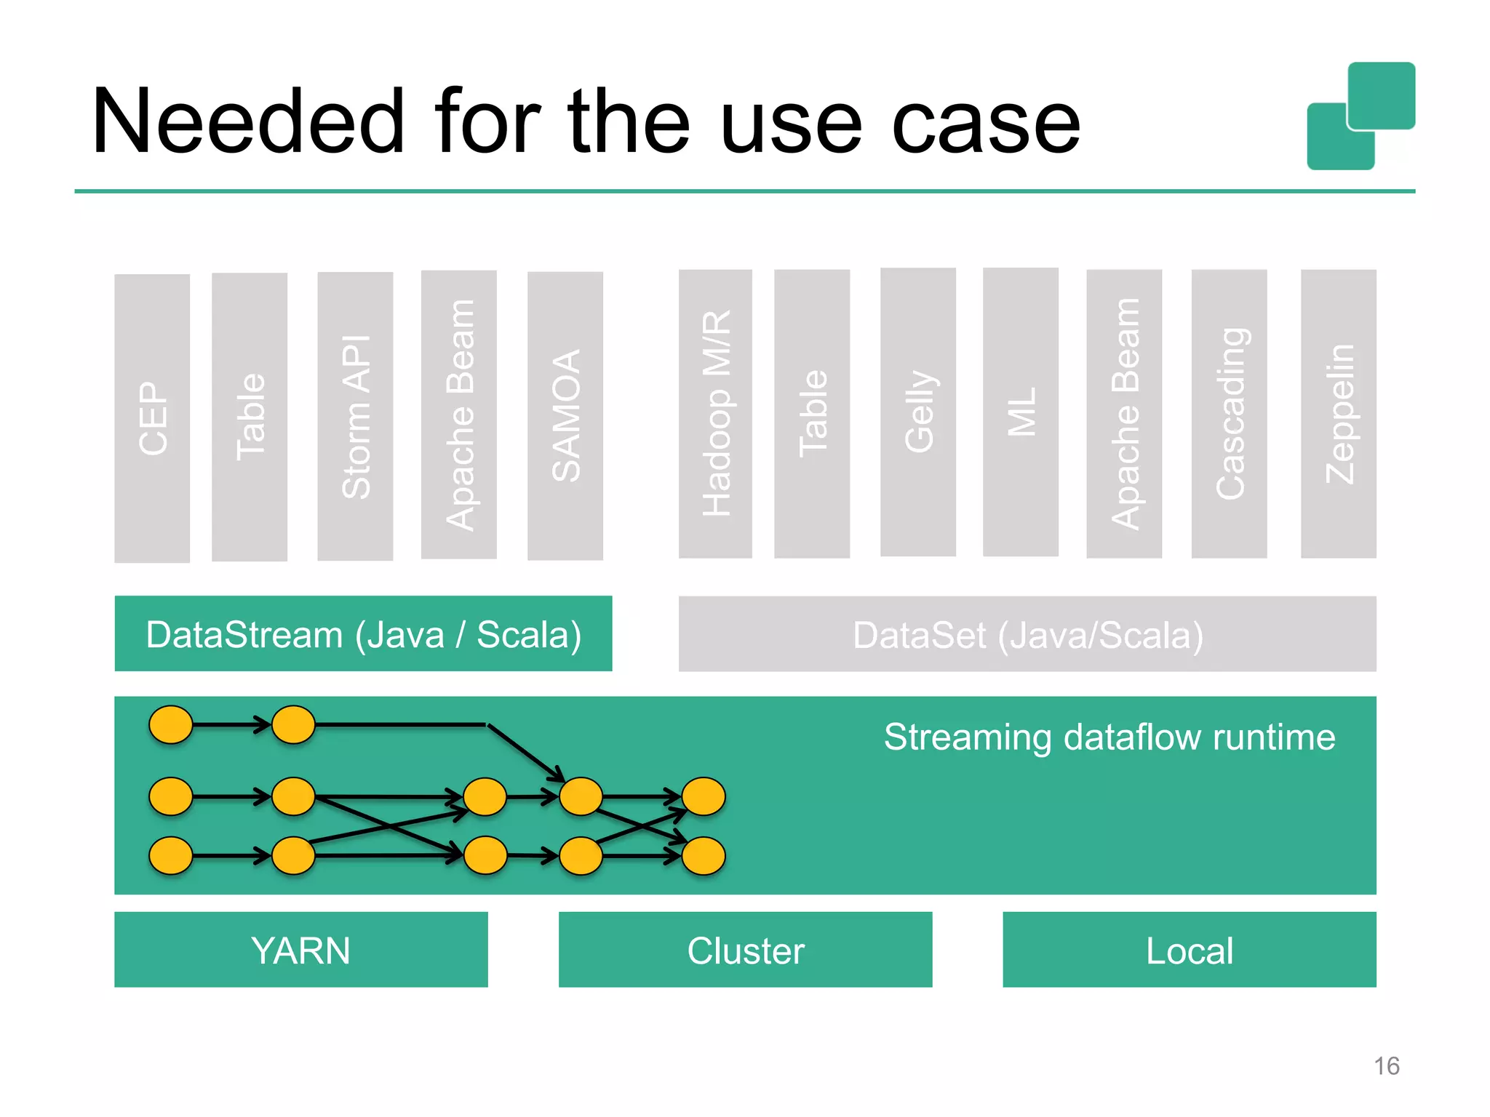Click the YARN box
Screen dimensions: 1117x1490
(300, 950)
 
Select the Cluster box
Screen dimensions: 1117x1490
(745, 950)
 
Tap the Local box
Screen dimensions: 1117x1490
(1189, 950)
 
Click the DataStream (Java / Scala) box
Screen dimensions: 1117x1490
(363, 633)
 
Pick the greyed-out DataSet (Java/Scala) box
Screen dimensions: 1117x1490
(1027, 634)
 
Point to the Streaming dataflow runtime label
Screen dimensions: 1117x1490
(1109, 737)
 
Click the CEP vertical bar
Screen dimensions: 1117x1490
(152, 417)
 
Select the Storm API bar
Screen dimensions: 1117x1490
(355, 416)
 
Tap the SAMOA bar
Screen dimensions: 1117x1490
(565, 415)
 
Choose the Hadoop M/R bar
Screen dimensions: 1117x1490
(715, 413)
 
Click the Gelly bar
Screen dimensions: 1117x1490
(917, 412)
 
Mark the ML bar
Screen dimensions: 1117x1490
(1020, 412)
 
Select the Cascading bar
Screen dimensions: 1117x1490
(1229, 413)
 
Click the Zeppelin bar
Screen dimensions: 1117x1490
(1338, 413)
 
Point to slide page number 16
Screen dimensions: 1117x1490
(1386, 1065)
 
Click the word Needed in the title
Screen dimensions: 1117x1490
(247, 121)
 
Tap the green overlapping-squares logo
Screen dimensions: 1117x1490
(1360, 116)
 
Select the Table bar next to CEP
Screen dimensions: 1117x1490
(249, 417)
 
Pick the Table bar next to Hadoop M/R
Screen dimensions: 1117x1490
(812, 413)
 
